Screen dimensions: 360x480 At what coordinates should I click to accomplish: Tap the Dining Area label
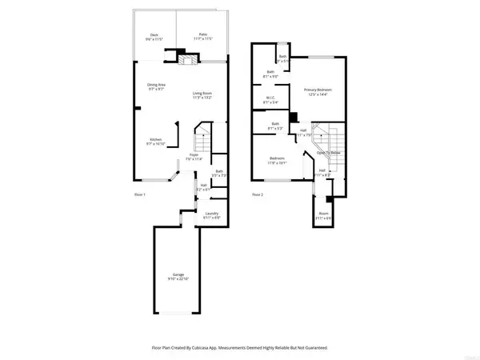pos(156,85)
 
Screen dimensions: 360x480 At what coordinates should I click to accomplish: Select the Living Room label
pos(202,94)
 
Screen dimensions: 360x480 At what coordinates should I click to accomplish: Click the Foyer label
pos(194,154)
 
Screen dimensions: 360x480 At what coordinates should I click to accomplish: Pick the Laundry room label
pos(211,213)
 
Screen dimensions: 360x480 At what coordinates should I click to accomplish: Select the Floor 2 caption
pos(258,194)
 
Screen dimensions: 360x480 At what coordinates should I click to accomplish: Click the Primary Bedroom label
pos(318,90)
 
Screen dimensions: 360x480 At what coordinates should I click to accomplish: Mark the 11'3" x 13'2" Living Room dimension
pos(202,99)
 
